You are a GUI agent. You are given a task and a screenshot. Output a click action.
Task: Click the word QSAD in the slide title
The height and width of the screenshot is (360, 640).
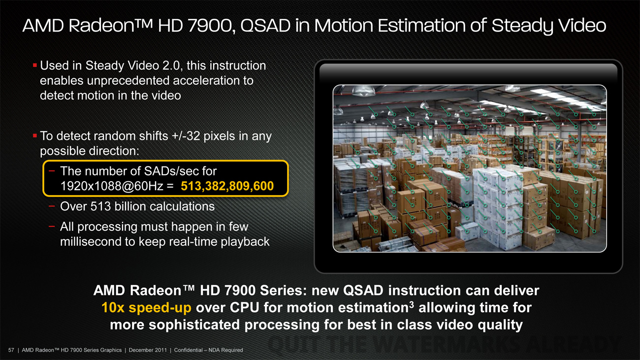[265, 26]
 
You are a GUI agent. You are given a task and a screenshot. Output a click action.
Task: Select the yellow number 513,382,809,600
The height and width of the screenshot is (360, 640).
[227, 186]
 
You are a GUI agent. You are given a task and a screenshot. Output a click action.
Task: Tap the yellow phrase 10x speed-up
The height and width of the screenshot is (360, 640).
[146, 308]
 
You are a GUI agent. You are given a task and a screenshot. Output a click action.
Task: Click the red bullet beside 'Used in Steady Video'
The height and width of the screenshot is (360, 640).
[35, 65]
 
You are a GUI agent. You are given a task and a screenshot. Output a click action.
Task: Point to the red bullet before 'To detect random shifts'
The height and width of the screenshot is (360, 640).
[35, 135]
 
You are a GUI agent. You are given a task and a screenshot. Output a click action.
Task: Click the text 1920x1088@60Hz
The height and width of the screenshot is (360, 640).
[112, 186]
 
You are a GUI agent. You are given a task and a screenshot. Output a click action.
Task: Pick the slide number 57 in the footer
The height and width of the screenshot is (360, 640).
[11, 350]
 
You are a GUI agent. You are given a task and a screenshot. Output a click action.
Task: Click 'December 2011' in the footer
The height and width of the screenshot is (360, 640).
[147, 350]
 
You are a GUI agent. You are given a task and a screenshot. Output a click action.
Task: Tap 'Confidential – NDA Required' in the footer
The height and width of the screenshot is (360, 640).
[209, 350]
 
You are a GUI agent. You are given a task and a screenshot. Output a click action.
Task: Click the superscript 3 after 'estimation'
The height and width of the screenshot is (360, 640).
[412, 304]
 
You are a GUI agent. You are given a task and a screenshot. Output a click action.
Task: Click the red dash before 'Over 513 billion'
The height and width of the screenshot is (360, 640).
[52, 206]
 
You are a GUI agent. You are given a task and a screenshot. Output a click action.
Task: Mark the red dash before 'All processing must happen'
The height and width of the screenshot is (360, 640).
[52, 226]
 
